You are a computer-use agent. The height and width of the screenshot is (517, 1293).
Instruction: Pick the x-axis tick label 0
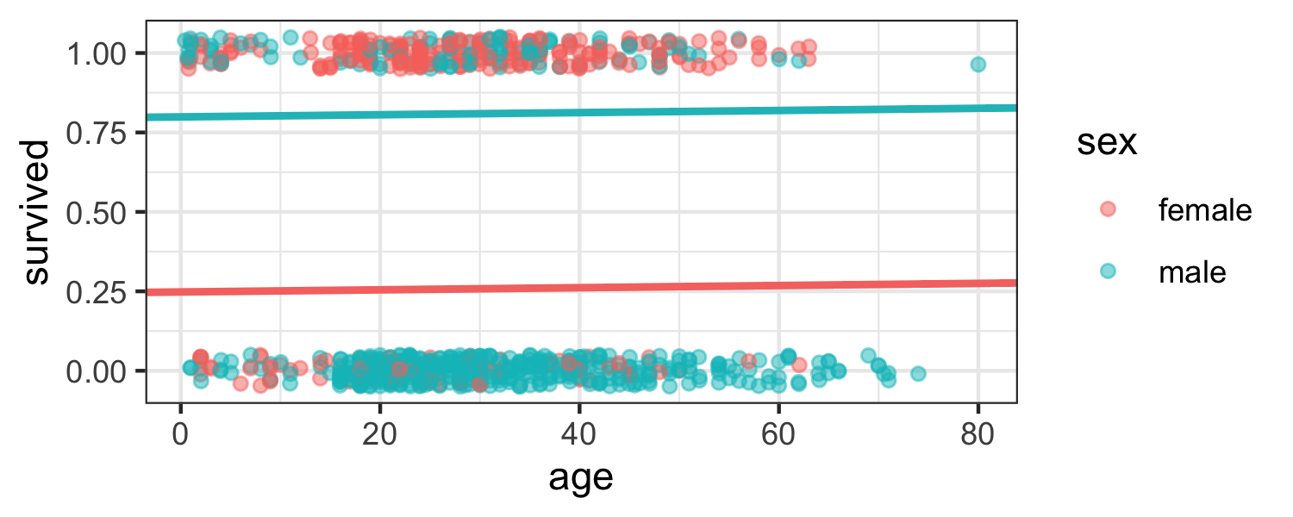tap(180, 427)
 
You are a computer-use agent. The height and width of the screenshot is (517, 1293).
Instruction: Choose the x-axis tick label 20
tap(379, 427)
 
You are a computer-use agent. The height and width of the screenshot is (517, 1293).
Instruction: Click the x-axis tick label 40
tap(579, 427)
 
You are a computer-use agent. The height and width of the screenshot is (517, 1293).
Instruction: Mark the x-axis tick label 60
tap(778, 427)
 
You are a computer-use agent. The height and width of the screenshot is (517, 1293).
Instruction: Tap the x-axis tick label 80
tap(978, 427)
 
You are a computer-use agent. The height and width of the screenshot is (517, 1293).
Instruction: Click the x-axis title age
tap(581, 476)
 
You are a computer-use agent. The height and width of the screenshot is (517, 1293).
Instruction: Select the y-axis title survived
tap(36, 212)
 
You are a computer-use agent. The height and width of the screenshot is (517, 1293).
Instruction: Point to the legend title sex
tap(1107, 145)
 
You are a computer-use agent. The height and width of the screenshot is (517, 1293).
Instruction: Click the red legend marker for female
tap(1108, 209)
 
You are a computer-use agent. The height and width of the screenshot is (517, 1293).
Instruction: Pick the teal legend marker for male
tap(1108, 272)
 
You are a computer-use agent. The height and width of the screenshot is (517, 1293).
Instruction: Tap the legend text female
tap(1204, 209)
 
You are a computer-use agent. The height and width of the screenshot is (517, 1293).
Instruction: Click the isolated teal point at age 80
tap(978, 65)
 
